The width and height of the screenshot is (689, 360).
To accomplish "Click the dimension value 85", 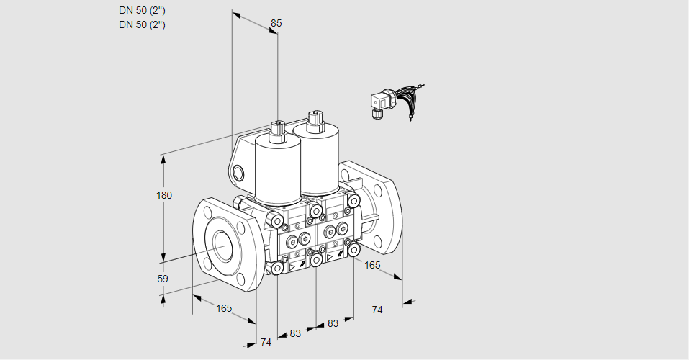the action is [x=276, y=23].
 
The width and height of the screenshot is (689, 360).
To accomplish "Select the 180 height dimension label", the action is [x=164, y=195].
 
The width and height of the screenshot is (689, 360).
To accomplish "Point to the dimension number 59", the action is [x=163, y=279].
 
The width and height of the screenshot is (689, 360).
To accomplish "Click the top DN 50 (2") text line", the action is [x=142, y=11].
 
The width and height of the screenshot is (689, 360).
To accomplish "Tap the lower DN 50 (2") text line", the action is [x=142, y=24].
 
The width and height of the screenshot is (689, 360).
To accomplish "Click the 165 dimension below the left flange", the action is [x=224, y=309].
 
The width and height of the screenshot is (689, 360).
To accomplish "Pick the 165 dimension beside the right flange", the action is [x=372, y=265].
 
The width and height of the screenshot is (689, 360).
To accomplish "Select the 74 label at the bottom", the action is [x=266, y=342].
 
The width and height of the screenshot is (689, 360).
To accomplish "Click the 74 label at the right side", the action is [x=377, y=310].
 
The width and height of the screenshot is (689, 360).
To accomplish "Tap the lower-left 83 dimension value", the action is [x=295, y=333].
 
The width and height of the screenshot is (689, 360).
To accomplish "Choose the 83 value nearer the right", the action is [x=333, y=323].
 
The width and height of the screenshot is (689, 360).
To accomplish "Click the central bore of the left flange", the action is [x=225, y=246].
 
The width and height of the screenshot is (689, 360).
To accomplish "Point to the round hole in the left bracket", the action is [x=238, y=174].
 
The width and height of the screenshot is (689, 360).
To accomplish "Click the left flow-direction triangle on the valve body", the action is [x=291, y=267].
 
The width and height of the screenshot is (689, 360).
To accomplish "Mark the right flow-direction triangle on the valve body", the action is [x=330, y=258].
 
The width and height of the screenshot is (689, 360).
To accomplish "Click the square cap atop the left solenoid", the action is [x=278, y=130].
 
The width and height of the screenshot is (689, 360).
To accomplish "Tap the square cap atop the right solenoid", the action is [x=315, y=120].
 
